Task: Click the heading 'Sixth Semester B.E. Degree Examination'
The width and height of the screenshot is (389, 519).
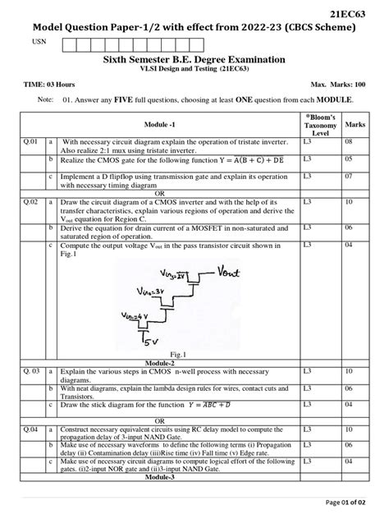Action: click(194, 60)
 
